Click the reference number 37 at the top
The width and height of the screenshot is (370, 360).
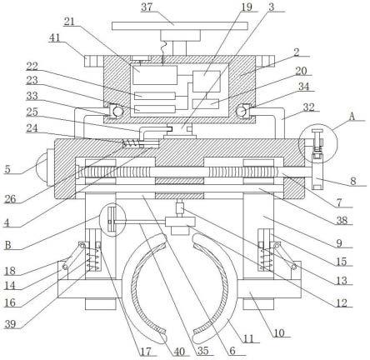(147, 7)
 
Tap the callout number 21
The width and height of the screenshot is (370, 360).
(69, 21)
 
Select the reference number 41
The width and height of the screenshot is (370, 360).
(54, 37)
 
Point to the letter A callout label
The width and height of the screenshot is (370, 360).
(352, 117)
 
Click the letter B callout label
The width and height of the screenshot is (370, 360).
(8, 245)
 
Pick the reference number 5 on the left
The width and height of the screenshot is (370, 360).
(7, 169)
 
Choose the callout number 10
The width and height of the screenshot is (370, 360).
(280, 332)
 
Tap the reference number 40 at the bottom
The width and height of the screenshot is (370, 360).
(179, 352)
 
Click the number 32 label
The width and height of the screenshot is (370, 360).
(308, 107)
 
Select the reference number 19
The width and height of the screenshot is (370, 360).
(247, 7)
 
